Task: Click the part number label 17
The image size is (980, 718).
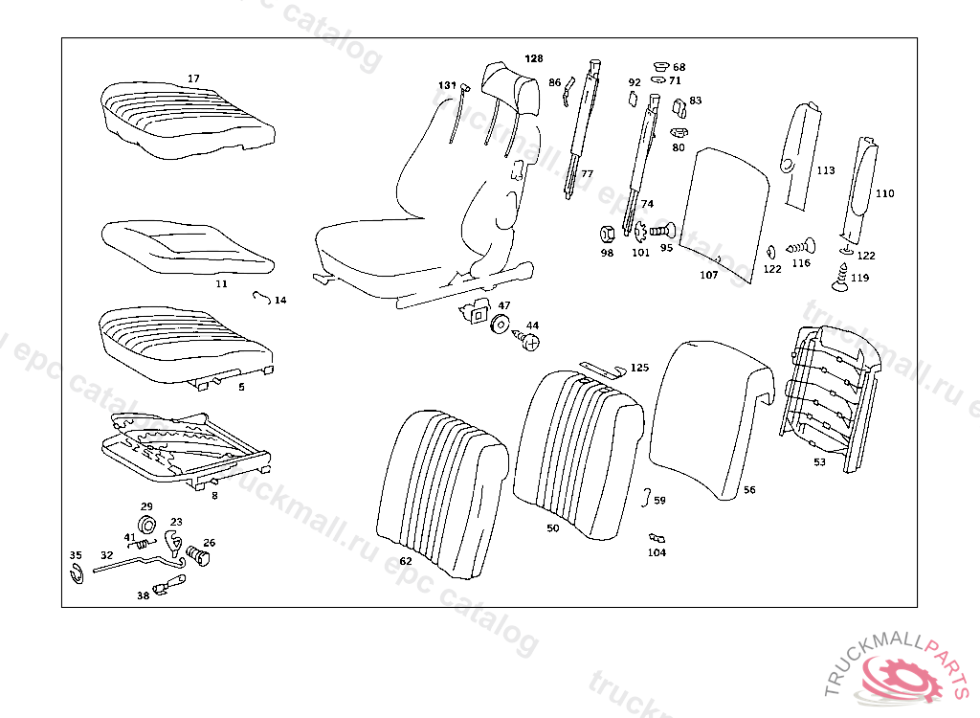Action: click(193, 79)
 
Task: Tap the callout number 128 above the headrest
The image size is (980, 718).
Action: click(533, 58)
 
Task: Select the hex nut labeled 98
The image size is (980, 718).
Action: click(606, 232)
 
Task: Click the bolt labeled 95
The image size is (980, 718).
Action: click(662, 231)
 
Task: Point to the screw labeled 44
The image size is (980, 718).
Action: click(528, 340)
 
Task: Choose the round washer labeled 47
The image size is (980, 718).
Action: click(500, 325)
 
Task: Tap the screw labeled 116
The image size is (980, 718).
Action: click(801, 246)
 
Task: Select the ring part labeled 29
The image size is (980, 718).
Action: click(147, 524)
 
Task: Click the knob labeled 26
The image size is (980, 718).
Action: click(197, 555)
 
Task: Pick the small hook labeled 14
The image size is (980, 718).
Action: click(259, 296)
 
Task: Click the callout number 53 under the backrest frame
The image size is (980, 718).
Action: click(819, 462)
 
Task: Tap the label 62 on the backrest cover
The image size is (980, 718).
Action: click(406, 561)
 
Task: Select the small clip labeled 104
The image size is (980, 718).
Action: click(657, 539)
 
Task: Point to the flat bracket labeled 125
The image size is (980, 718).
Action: click(602, 370)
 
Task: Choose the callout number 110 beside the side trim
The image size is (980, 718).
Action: click(884, 193)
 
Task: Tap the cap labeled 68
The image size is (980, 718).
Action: click(660, 66)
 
